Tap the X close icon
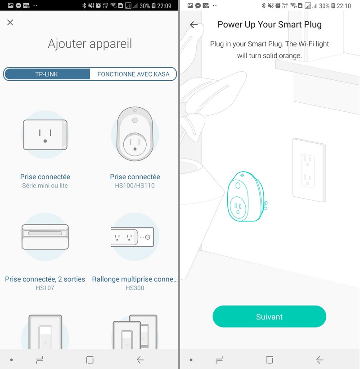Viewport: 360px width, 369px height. (10, 23)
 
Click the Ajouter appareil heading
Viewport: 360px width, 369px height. (90, 44)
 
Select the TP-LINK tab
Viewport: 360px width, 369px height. (46, 74)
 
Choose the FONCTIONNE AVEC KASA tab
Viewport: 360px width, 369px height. (133, 74)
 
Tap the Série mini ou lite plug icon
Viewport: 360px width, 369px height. (45, 135)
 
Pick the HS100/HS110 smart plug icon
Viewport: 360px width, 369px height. (135, 134)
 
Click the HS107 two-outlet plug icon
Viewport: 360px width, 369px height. (45, 237)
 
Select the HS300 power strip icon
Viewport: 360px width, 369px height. (132, 237)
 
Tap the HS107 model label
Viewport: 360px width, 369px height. (45, 288)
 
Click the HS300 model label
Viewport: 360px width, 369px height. (135, 288)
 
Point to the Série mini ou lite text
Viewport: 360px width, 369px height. (45, 186)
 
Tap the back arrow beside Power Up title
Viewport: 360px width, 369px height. (194, 24)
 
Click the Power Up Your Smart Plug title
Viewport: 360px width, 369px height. (270, 24)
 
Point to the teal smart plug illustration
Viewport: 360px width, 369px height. (247, 196)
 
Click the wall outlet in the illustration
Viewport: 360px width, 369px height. (309, 170)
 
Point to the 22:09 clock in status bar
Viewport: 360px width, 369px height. (164, 6)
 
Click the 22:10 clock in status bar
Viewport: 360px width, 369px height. (344, 6)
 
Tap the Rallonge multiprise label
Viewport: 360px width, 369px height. (135, 279)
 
